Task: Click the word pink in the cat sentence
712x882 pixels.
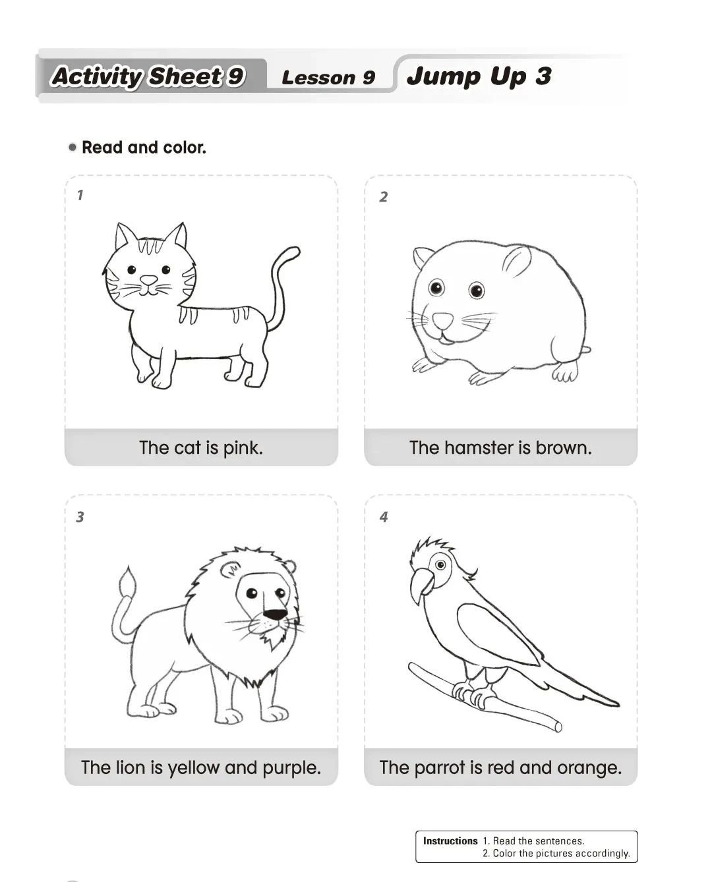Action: coord(243,448)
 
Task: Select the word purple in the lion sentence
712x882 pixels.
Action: coord(291,767)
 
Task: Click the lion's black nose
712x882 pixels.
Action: coord(275,615)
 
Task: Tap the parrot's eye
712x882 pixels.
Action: coord(441,565)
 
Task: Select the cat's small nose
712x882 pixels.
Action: coord(148,281)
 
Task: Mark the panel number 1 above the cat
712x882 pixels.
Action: coord(80,195)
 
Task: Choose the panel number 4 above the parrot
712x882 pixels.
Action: coord(384,517)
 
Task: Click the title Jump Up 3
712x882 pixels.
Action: coord(479,76)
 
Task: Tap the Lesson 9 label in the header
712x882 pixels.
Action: coord(328,78)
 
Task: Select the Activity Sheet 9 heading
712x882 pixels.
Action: coord(148,76)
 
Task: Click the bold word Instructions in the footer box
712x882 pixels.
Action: coord(450,841)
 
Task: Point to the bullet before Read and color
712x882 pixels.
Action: coord(73,147)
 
